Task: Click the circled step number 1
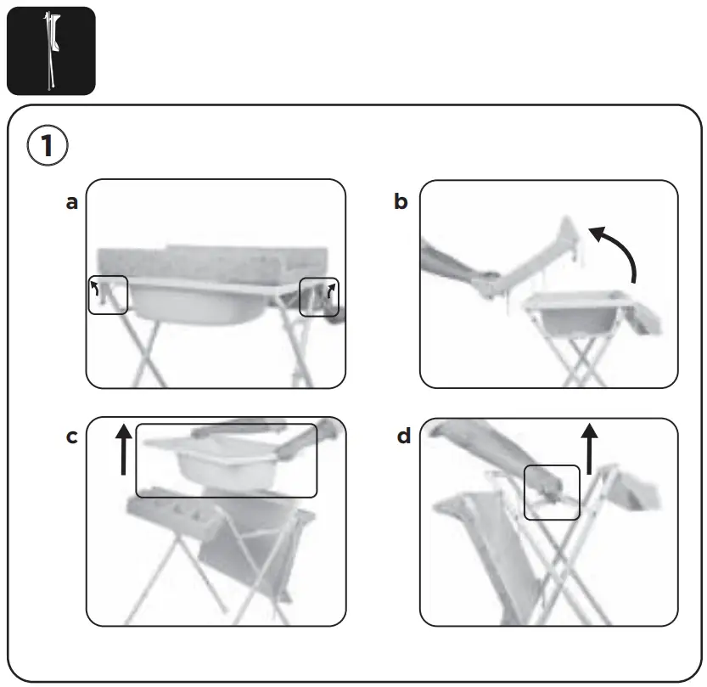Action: point(48,146)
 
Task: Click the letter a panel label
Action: point(72,202)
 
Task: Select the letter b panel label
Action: point(401,202)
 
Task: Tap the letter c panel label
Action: point(72,437)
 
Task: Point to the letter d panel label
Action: point(404,436)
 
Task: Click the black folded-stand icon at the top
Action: point(51,50)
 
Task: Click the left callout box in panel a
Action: point(108,295)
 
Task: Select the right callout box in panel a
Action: point(319,296)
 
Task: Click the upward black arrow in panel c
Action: point(124,449)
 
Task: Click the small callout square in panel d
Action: point(552,492)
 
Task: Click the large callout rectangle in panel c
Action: point(226,460)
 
